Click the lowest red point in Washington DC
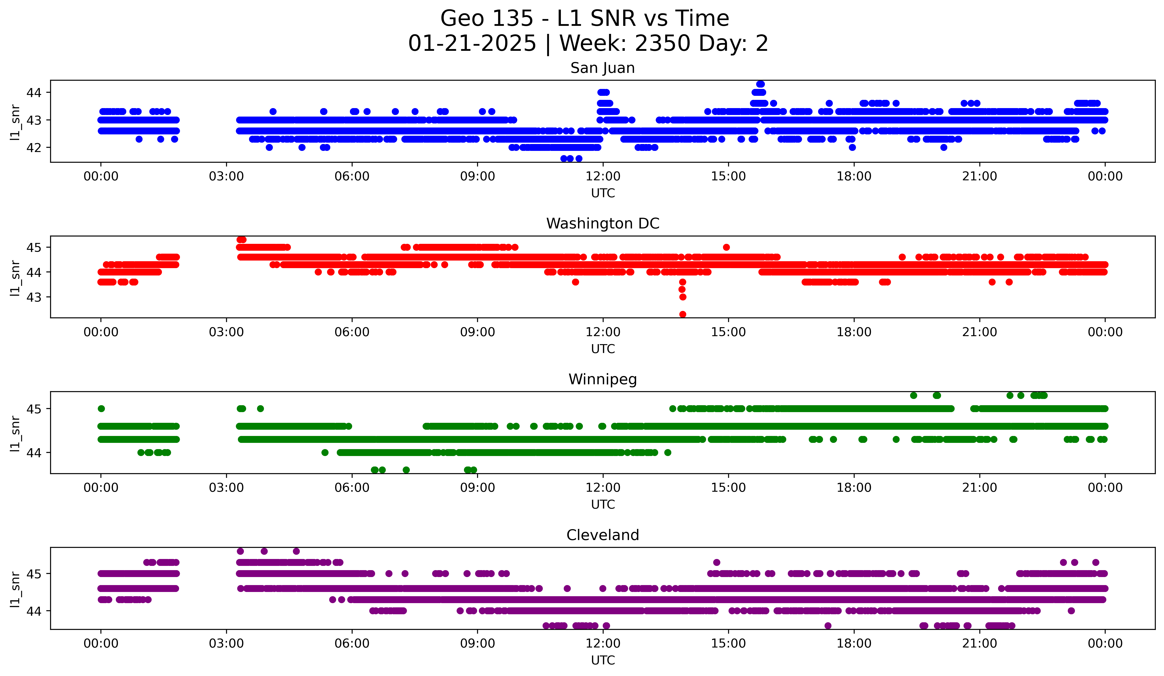(683, 314)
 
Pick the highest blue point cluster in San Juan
(760, 84)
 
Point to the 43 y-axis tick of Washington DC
(34, 297)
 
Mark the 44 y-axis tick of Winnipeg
(34, 453)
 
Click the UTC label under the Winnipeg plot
(603, 505)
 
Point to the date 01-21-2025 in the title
(472, 43)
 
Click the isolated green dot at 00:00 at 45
(101, 409)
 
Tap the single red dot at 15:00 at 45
(726, 247)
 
